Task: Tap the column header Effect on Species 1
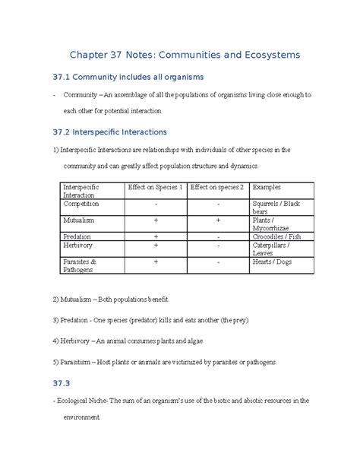155,187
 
